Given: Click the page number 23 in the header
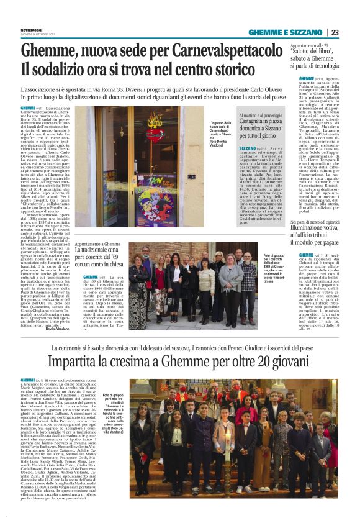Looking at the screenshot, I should point(335,32).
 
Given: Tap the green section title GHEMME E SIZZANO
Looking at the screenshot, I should point(287,32).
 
